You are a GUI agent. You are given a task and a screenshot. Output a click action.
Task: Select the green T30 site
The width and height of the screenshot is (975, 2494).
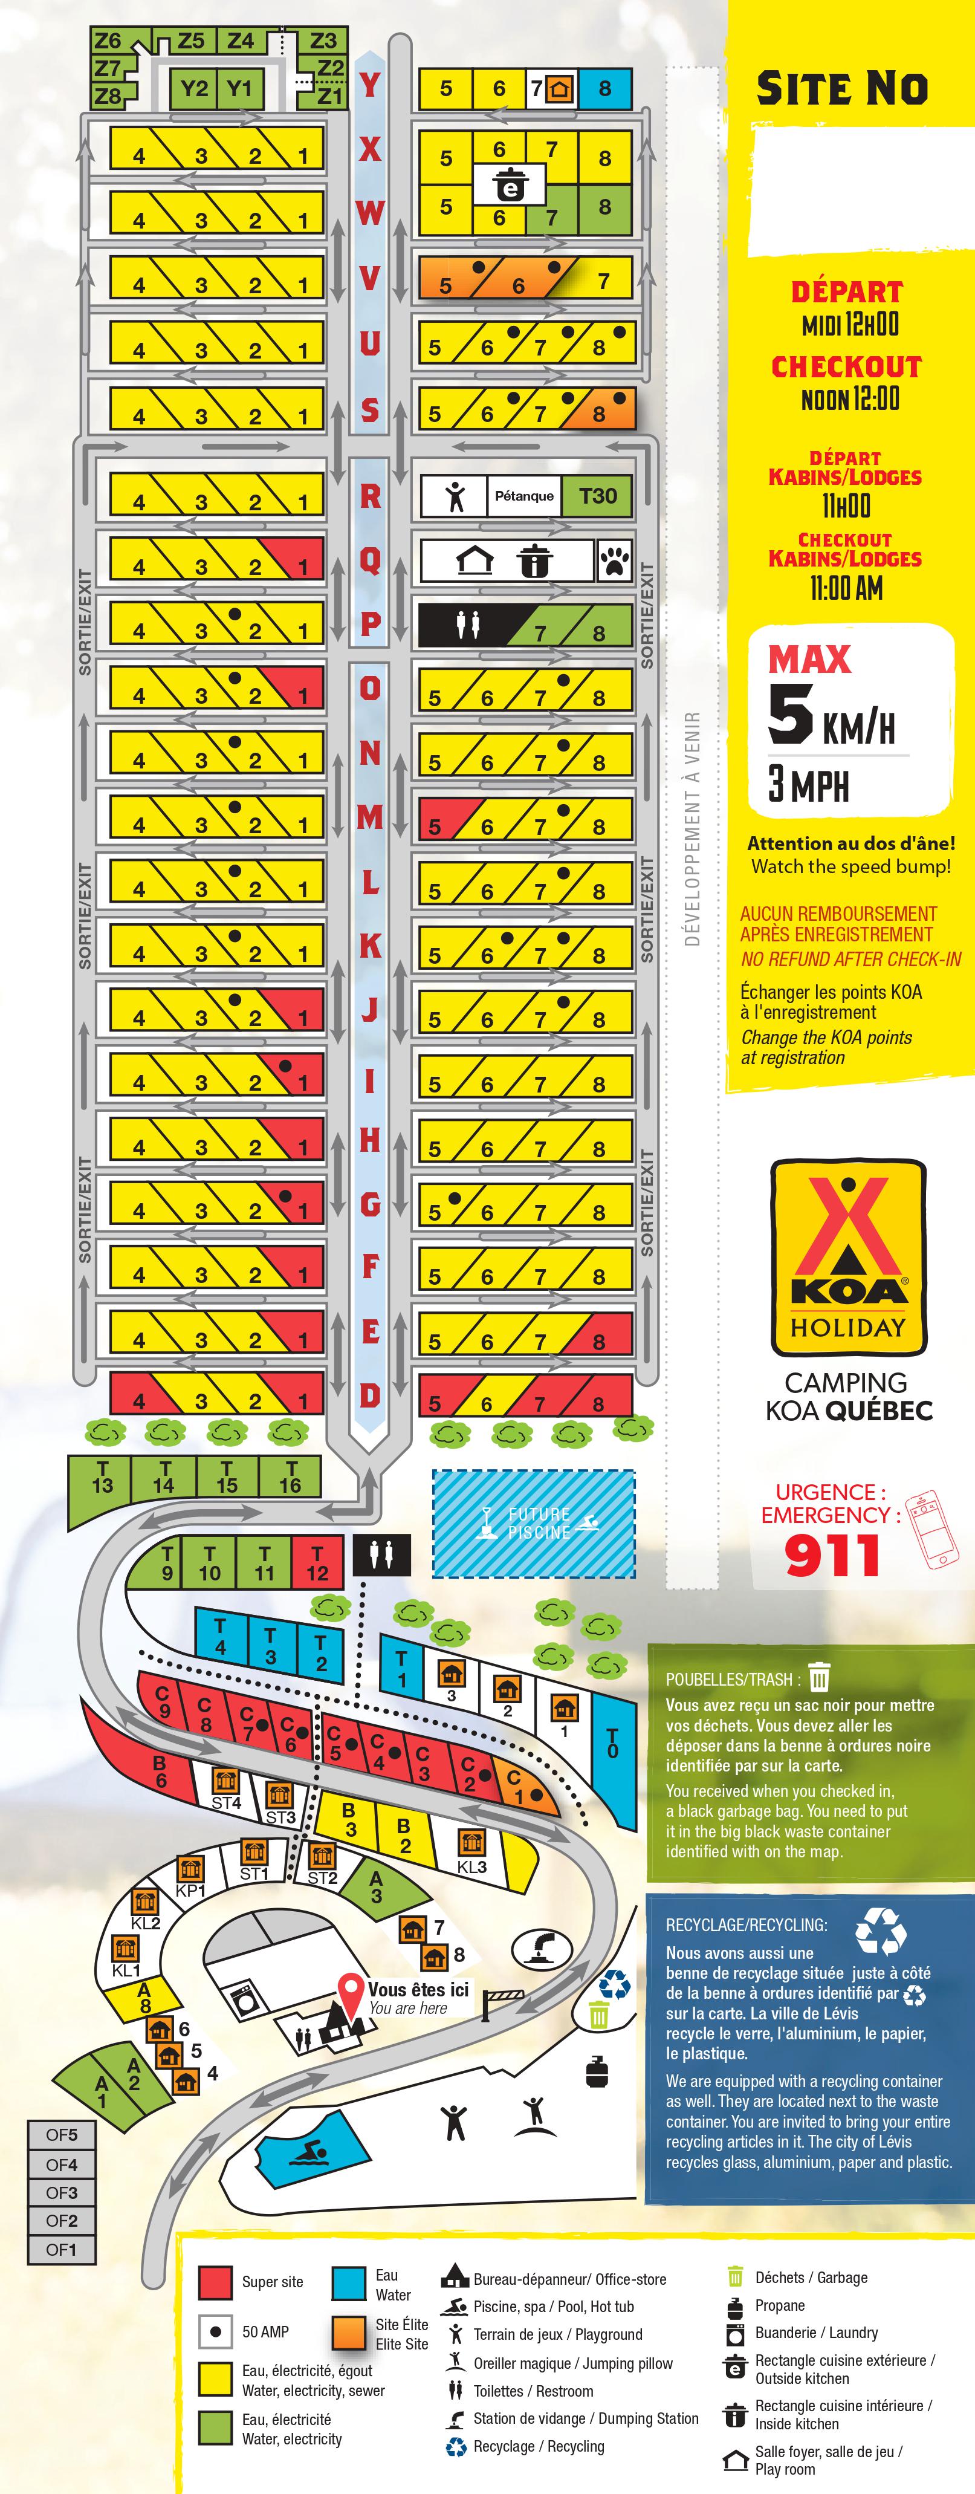(597, 496)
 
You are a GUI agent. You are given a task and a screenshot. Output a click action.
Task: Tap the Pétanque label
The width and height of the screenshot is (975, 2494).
(524, 496)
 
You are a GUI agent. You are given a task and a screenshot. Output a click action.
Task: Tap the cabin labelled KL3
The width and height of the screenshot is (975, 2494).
(471, 1852)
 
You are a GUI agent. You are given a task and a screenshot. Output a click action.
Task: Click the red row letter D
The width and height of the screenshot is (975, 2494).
(370, 1395)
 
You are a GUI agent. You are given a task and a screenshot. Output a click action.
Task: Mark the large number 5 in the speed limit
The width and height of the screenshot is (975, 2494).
(790, 713)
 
